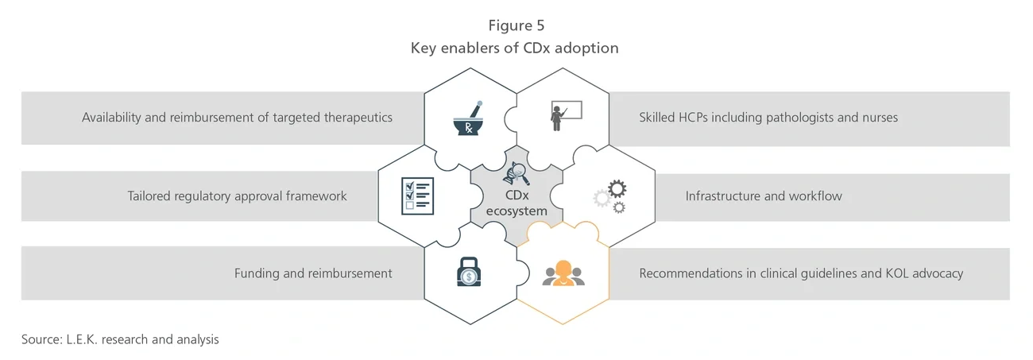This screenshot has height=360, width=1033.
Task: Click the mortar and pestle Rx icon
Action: [x=470, y=118]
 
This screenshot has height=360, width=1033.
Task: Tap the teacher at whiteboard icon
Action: [x=562, y=116]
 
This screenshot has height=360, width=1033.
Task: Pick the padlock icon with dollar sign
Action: [x=469, y=273]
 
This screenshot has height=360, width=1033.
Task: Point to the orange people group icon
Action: [x=563, y=273]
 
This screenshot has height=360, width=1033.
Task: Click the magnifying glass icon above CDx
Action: [x=516, y=172]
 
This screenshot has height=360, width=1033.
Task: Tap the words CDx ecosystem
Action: [x=516, y=203]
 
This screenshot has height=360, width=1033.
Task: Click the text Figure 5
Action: [x=516, y=25]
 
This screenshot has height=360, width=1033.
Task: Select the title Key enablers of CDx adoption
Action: [x=514, y=48]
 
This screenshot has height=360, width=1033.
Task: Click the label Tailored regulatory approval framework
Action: [x=237, y=195]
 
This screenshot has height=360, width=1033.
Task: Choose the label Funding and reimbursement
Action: [x=313, y=273]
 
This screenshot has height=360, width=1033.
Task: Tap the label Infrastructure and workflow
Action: [x=764, y=195]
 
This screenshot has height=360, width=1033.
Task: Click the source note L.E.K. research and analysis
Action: [x=120, y=339]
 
